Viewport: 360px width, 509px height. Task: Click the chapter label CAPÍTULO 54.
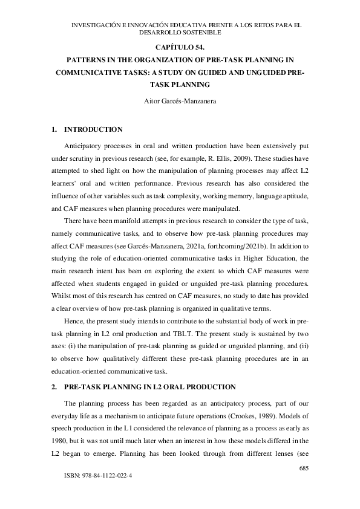coord(180,47)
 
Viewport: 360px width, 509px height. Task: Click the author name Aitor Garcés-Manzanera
coord(180,101)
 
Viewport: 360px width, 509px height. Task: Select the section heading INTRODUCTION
coord(94,129)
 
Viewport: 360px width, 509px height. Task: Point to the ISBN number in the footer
coord(98,476)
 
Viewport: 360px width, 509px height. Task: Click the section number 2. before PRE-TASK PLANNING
coord(54,387)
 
